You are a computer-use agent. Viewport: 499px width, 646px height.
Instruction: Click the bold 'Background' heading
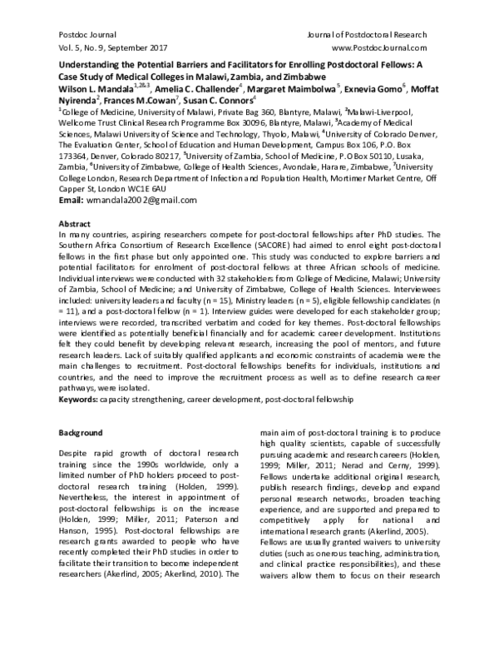[80, 433]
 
